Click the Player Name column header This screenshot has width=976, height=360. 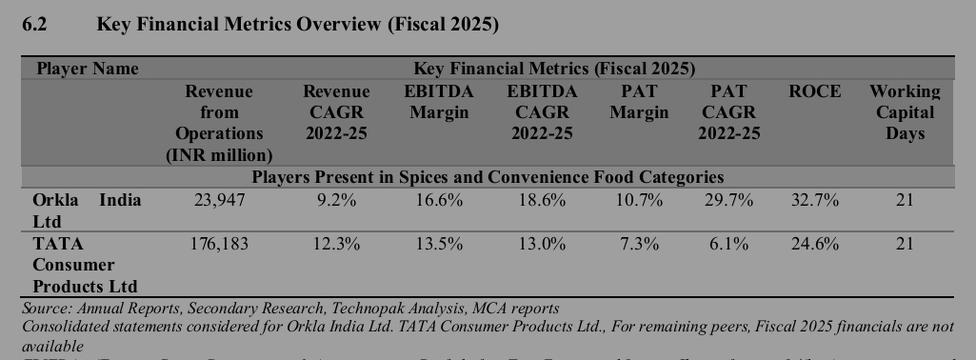87,69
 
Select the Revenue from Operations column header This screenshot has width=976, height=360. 219,123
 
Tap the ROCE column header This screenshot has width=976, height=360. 815,91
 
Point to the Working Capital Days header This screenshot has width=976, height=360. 904,112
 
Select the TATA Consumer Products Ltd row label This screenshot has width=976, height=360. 86,265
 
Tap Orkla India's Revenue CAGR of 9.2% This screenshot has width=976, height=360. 336,200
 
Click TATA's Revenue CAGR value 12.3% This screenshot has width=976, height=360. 336,244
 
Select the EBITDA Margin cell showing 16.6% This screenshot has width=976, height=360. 439,200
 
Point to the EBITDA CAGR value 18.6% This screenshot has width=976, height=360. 542,200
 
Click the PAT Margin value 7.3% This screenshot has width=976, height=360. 639,244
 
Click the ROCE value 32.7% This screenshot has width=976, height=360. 815,200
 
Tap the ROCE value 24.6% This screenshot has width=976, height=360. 815,244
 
